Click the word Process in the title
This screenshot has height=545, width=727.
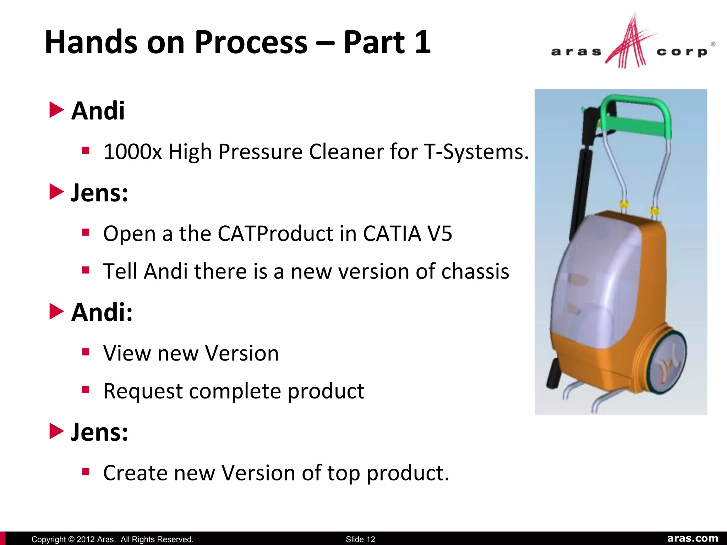251,43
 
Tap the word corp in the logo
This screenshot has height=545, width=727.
682,52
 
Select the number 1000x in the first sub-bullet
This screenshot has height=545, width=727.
132,152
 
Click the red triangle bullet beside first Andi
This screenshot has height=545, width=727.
56,110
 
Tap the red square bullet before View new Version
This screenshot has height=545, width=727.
86,352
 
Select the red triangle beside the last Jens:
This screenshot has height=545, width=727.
56,431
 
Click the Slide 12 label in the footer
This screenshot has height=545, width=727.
360,539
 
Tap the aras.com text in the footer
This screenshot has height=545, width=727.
693,538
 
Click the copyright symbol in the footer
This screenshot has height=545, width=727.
71,539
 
